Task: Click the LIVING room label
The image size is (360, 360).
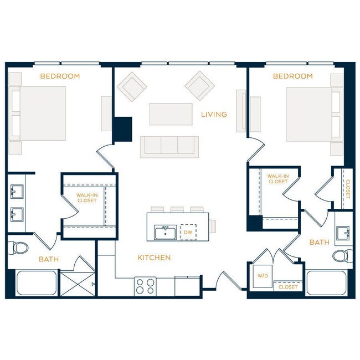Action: pos(214,115)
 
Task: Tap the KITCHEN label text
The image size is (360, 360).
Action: pos(154,258)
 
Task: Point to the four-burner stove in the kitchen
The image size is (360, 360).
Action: pos(145,286)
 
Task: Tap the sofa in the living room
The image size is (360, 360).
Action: pos(169,146)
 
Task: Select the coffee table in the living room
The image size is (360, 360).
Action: pos(171,114)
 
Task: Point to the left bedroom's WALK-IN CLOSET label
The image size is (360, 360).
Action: pos(86,198)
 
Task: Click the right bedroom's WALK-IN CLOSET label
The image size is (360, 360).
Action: pos(277,179)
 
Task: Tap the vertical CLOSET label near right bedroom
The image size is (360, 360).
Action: pos(348,189)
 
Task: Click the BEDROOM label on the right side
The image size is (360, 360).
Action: pos(292,76)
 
